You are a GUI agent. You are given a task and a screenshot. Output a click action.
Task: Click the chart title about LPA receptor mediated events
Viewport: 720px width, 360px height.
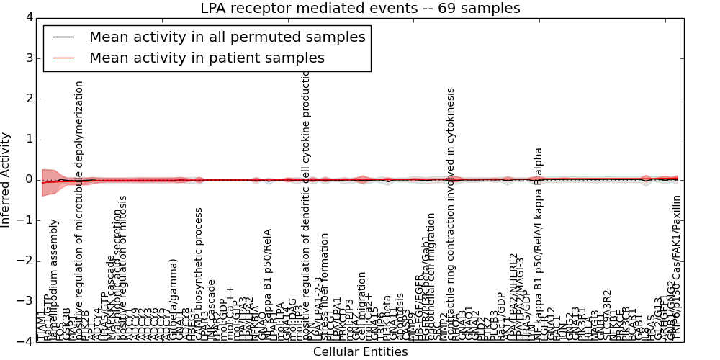pyautogui.click(x=360, y=9)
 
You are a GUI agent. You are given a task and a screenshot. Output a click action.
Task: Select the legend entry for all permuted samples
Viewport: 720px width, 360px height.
pyautogui.click(x=227, y=37)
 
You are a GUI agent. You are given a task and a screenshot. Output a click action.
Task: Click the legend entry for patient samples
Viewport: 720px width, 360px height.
pyautogui.click(x=207, y=58)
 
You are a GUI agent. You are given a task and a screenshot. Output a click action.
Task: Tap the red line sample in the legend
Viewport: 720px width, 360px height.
pyautogui.click(x=63, y=58)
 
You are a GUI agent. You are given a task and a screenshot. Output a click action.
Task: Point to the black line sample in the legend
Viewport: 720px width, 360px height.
pyautogui.click(x=63, y=37)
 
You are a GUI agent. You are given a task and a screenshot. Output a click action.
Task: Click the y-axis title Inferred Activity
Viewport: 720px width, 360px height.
pyautogui.click(x=6, y=179)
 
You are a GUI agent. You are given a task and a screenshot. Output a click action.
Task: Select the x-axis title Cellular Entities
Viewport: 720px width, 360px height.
pyautogui.click(x=360, y=352)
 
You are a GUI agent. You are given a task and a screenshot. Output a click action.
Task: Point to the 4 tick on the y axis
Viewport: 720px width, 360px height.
pyautogui.click(x=27, y=17)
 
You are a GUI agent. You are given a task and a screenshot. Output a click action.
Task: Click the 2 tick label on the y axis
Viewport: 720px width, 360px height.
pyautogui.click(x=27, y=99)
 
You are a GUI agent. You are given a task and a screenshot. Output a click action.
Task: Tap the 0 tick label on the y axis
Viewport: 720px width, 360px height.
pyautogui.click(x=27, y=179)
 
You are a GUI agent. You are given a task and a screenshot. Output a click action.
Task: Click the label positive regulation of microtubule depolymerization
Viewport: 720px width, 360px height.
pyautogui.click(x=80, y=209)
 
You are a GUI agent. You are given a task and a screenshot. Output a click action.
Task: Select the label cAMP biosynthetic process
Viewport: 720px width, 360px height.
pyautogui.click(x=199, y=274)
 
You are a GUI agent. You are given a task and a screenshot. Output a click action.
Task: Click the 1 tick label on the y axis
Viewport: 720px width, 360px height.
pyautogui.click(x=27, y=139)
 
